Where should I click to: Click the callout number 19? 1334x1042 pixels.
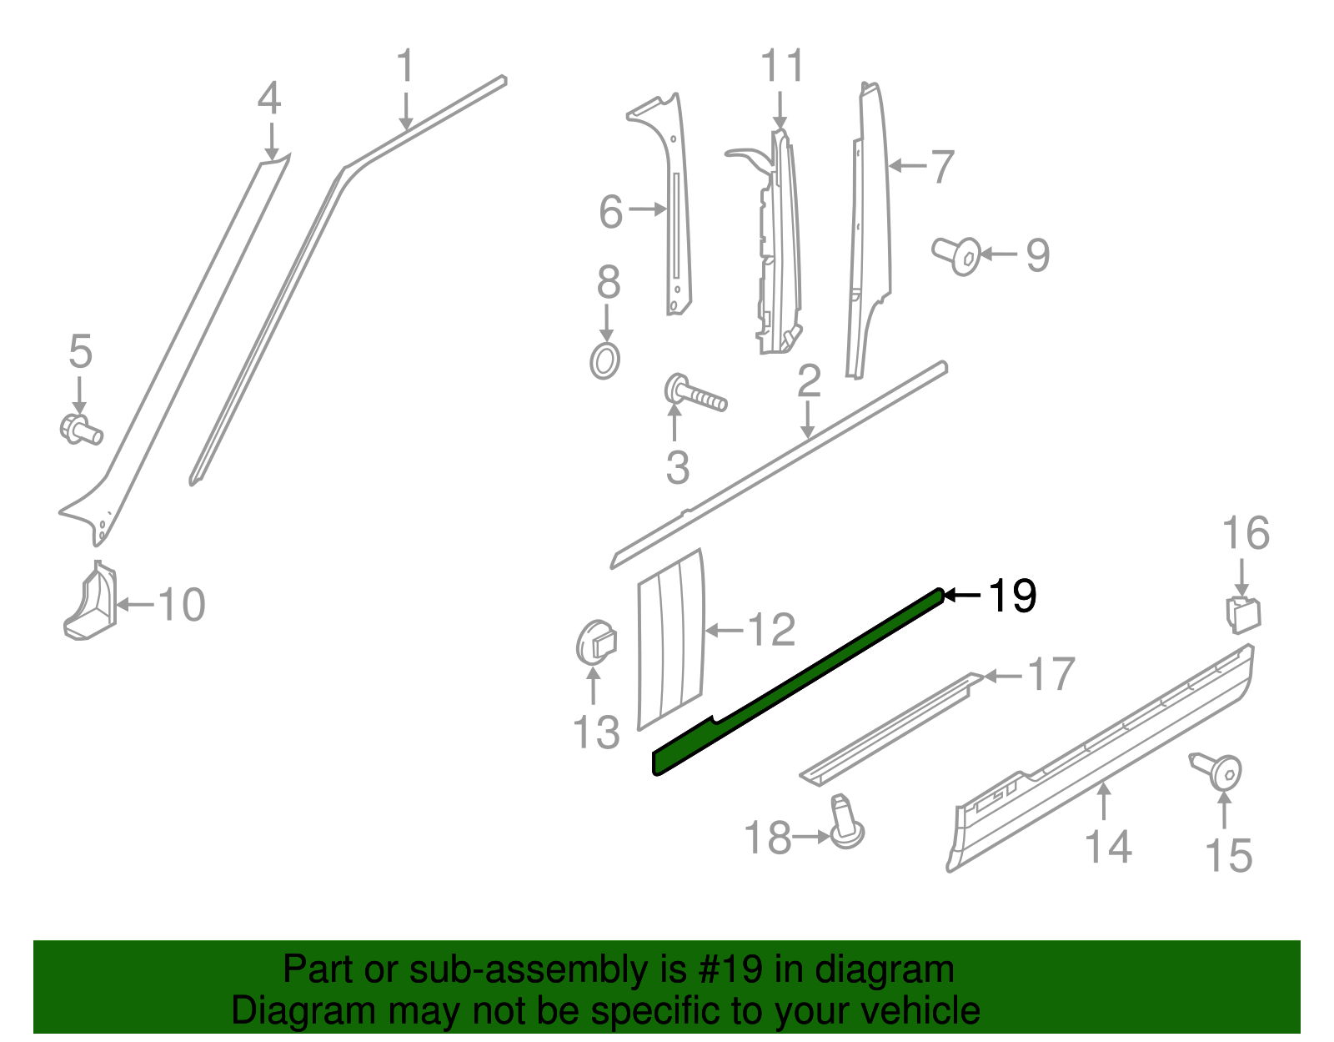click(1012, 596)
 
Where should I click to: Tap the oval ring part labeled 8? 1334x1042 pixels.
click(605, 361)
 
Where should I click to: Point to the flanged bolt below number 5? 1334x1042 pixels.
click(80, 429)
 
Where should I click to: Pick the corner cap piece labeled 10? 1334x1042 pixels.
click(91, 602)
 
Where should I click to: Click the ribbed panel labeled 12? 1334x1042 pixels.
click(670, 638)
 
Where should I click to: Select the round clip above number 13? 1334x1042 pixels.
click(595, 642)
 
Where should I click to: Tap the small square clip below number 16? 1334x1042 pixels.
click(1242, 615)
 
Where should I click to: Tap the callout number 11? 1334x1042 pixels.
click(783, 66)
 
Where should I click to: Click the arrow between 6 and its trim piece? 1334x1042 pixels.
click(647, 209)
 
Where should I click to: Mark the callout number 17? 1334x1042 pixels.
click(1051, 674)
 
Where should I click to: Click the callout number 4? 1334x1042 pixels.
click(269, 98)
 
